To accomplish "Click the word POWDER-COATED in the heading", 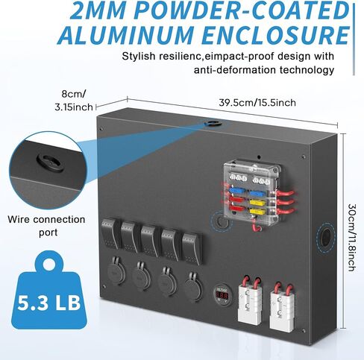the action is pyautogui.click(x=242, y=10).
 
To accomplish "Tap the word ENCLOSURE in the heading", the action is pyautogui.click(x=275, y=35).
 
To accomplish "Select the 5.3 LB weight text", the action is pyautogui.click(x=49, y=303).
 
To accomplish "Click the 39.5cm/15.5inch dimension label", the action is pyautogui.click(x=257, y=103).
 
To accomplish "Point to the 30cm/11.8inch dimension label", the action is pyautogui.click(x=352, y=238).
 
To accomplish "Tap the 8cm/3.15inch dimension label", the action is pyautogui.click(x=74, y=101).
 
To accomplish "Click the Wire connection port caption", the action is pyautogui.click(x=46, y=226).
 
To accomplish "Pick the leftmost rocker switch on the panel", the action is pyautogui.click(x=110, y=233).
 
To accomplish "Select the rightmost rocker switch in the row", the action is pyautogui.click(x=192, y=248).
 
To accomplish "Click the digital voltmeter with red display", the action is pyautogui.click(x=222, y=294).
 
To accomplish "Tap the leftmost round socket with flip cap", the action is pyautogui.click(x=116, y=271).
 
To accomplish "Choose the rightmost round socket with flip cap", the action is pyautogui.click(x=194, y=286).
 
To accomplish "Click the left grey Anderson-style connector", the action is pyautogui.click(x=250, y=300).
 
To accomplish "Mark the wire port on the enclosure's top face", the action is pyautogui.click(x=213, y=123).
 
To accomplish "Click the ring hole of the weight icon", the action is pyautogui.click(x=49, y=264).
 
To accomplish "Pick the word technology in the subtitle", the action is pyautogui.click(x=307, y=70).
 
